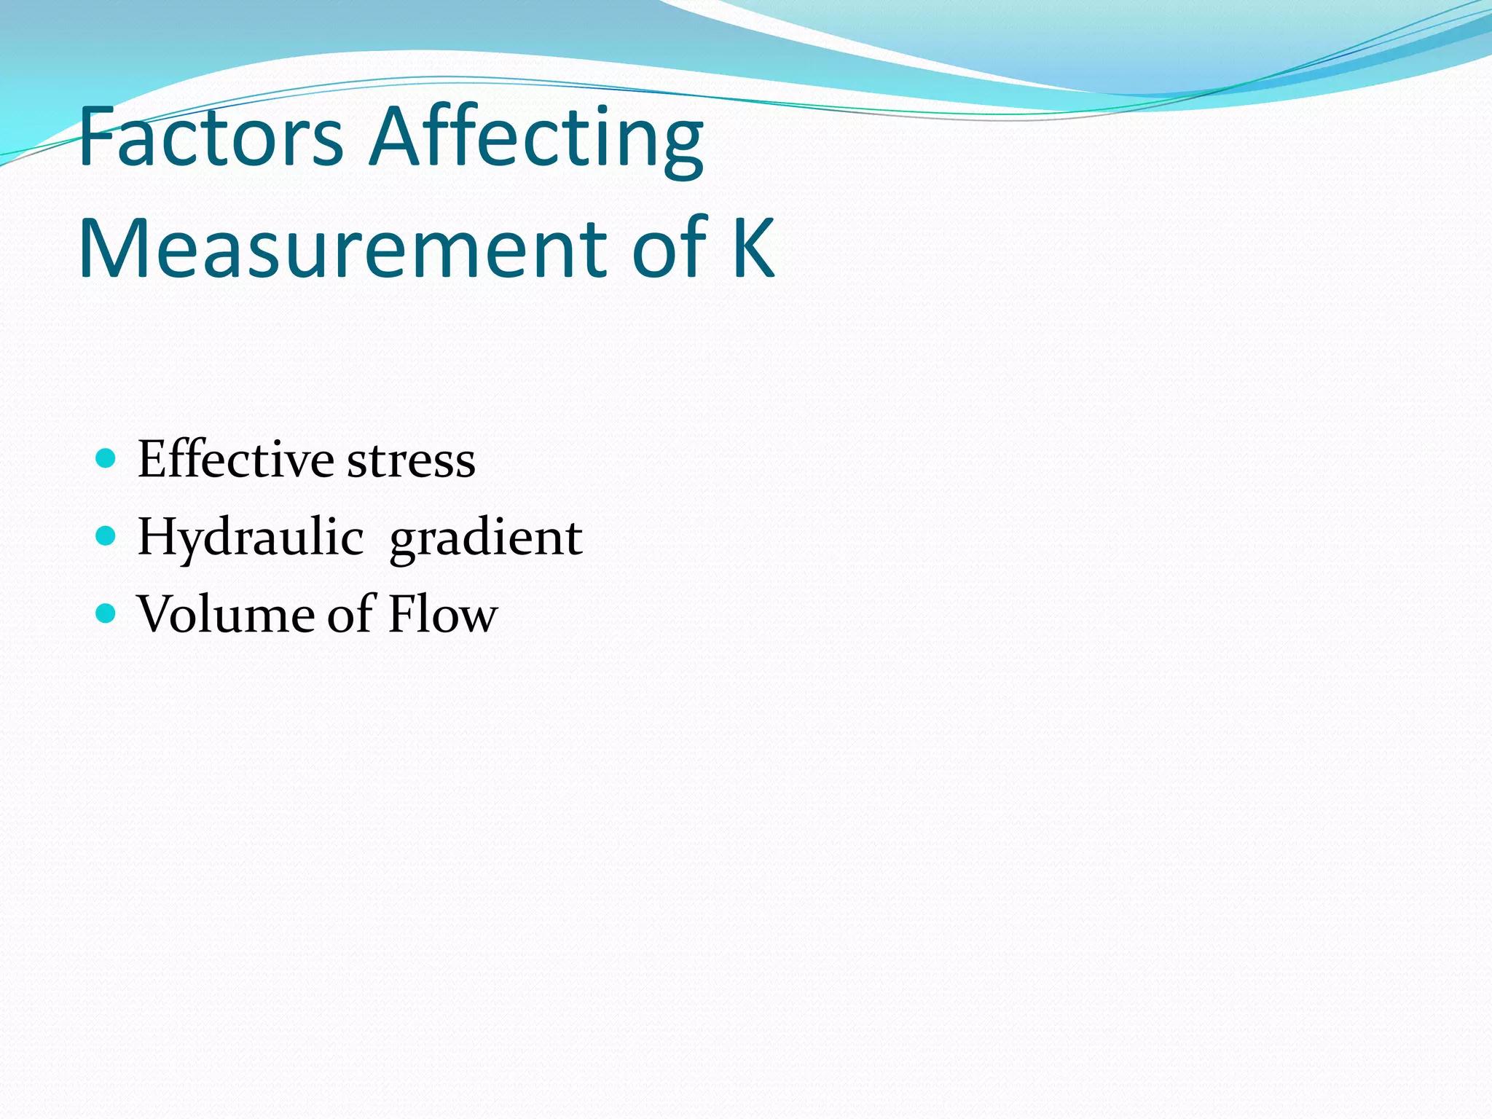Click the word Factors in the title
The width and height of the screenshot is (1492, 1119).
click(210, 137)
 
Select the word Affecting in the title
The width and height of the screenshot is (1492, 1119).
click(536, 138)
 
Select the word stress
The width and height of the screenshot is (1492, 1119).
click(412, 460)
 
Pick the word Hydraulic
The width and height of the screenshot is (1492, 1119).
click(251, 538)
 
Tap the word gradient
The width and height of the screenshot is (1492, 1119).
click(486, 539)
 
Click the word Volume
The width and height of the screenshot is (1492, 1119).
click(226, 614)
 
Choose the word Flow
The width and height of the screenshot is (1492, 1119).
click(443, 614)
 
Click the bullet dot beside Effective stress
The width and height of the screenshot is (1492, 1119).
click(106, 458)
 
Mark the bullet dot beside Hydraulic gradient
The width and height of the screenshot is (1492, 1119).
click(106, 536)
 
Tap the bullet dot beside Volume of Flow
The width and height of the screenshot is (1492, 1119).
click(106, 613)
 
